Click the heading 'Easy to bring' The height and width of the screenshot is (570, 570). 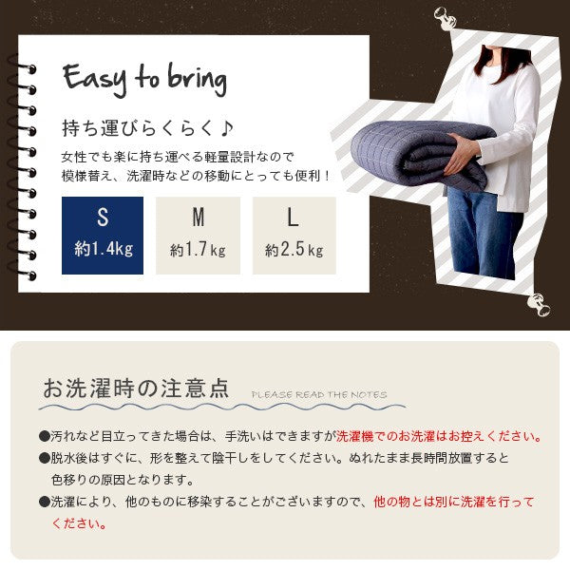(x=144, y=80)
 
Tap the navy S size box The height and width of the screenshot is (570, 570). (x=103, y=236)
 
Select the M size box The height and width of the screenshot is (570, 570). (x=198, y=236)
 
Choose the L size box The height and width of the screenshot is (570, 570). (x=294, y=236)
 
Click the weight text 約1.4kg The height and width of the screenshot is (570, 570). (x=104, y=249)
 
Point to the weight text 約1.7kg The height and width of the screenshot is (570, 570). (x=199, y=250)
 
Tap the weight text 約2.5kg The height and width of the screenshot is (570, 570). (x=294, y=250)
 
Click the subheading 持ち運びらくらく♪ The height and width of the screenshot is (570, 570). (x=147, y=128)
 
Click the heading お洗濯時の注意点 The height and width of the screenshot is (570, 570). (x=136, y=388)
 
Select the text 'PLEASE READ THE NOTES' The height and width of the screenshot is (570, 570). (x=319, y=395)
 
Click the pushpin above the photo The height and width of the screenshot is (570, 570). (x=445, y=18)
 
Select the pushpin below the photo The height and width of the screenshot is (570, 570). (x=539, y=305)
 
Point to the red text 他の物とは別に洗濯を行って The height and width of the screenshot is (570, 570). (x=454, y=502)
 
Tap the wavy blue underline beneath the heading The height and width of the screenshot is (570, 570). (x=222, y=407)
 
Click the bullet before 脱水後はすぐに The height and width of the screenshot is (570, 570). (x=45, y=458)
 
